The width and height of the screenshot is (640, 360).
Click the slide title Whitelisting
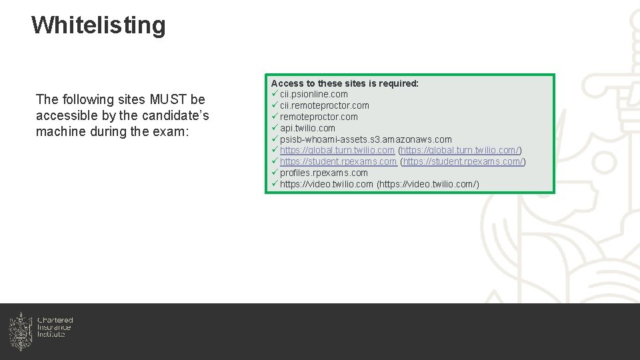(x=98, y=25)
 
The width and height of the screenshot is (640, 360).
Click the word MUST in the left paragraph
(x=169, y=100)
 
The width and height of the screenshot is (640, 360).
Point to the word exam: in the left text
(x=173, y=132)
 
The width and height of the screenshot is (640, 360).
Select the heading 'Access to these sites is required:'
(x=345, y=83)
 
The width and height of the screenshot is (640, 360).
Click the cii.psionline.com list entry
(x=313, y=95)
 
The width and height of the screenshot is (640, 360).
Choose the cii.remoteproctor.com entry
(x=324, y=106)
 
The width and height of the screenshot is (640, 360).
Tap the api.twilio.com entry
(x=307, y=128)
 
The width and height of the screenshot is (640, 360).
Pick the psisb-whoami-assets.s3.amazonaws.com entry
(x=365, y=139)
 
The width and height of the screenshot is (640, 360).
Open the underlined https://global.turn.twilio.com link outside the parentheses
(x=337, y=151)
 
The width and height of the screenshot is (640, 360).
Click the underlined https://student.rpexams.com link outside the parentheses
(x=338, y=162)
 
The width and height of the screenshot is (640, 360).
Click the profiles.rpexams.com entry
(x=323, y=173)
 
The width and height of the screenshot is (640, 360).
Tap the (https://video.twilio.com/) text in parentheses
(x=428, y=185)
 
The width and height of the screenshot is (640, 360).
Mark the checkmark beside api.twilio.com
(x=275, y=128)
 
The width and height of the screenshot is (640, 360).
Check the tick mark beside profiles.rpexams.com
(x=275, y=173)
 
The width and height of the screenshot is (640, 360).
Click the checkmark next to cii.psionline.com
(x=275, y=95)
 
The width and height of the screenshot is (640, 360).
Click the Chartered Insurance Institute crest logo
(x=21, y=331)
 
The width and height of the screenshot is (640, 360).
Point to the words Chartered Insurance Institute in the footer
(x=55, y=327)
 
